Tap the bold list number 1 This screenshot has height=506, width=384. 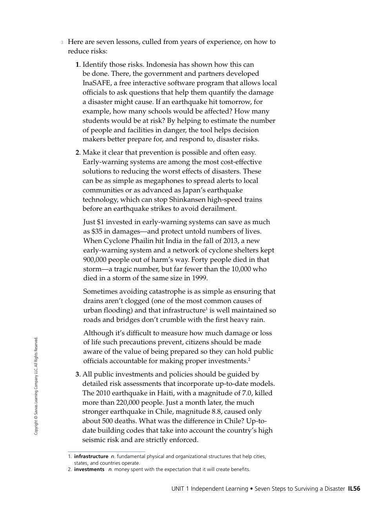pyautogui.click(x=77, y=64)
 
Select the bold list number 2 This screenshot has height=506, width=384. pyautogui.click(x=77, y=152)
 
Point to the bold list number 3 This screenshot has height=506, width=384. pyautogui.click(x=77, y=374)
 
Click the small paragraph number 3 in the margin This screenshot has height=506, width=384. pyautogui.click(x=62, y=42)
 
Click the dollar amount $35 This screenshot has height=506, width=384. pyautogui.click(x=96, y=231)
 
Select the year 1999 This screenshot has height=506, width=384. pyautogui.click(x=199, y=278)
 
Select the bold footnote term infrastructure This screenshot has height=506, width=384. pyautogui.click(x=91, y=457)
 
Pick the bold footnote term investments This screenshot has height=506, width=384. pyautogui.click(x=89, y=469)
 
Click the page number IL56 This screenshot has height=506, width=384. pyautogui.click(x=354, y=489)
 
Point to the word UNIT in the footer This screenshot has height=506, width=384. pyautogui.click(x=178, y=489)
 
